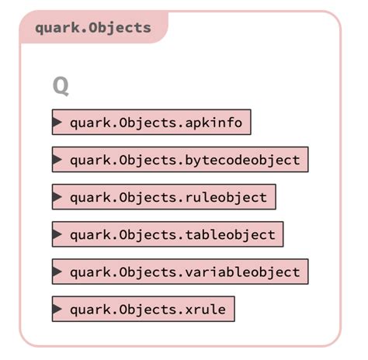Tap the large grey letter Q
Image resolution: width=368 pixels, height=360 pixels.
[61, 85]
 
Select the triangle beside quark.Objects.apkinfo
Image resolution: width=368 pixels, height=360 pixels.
[57, 122]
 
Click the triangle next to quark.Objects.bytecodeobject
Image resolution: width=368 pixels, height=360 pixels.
[57, 160]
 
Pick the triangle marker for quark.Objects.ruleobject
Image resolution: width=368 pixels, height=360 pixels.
[57, 197]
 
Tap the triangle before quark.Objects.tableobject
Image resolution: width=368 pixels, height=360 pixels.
[57, 234]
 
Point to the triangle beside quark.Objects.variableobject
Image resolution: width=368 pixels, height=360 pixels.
[57, 272]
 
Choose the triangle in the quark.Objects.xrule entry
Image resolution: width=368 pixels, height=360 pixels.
[57, 310]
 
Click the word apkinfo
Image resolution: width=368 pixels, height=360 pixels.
[215, 123]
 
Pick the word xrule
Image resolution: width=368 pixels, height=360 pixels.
[206, 310]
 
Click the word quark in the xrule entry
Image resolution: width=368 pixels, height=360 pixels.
[91, 310]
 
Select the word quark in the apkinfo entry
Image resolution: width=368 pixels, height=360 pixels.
[91, 123]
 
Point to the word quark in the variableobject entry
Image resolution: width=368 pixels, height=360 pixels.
[91, 272]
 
